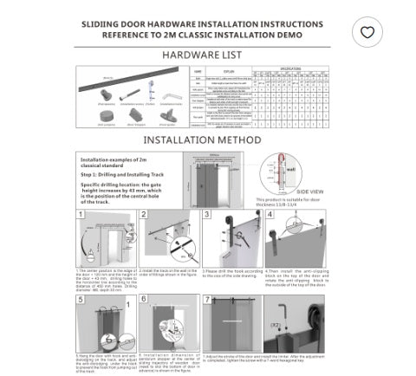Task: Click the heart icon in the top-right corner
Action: pos(368,32)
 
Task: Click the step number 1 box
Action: pos(81,216)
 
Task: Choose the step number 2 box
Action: pos(144,216)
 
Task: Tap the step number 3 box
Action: pos(207,216)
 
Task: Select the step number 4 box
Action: pos(270,216)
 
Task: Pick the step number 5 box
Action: pos(81,299)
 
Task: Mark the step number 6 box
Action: pos(144,299)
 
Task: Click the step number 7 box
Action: pos(207,299)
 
